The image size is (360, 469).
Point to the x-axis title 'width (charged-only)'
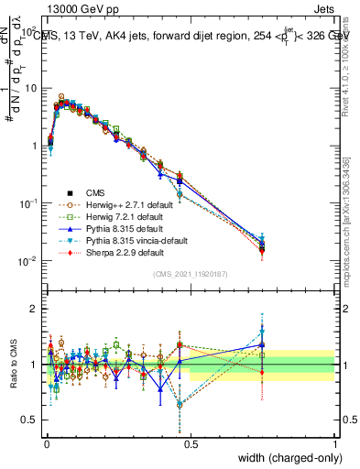[291, 458]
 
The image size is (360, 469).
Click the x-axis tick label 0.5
[190, 442]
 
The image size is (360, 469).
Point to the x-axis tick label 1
[335, 442]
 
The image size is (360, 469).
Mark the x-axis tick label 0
[45, 442]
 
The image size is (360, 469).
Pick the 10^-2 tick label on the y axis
[27, 261]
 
